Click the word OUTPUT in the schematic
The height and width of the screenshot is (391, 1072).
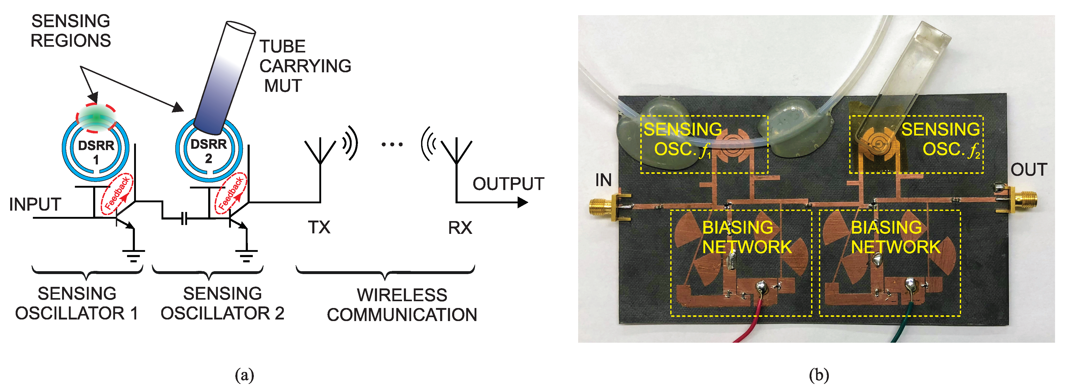[508, 184]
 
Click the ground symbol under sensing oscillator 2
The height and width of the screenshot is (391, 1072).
[246, 254]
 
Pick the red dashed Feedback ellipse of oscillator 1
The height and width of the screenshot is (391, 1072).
[117, 194]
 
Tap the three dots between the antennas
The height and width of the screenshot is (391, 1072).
[392, 145]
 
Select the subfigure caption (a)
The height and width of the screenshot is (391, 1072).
[244, 375]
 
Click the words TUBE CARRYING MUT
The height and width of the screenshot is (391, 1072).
[305, 66]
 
